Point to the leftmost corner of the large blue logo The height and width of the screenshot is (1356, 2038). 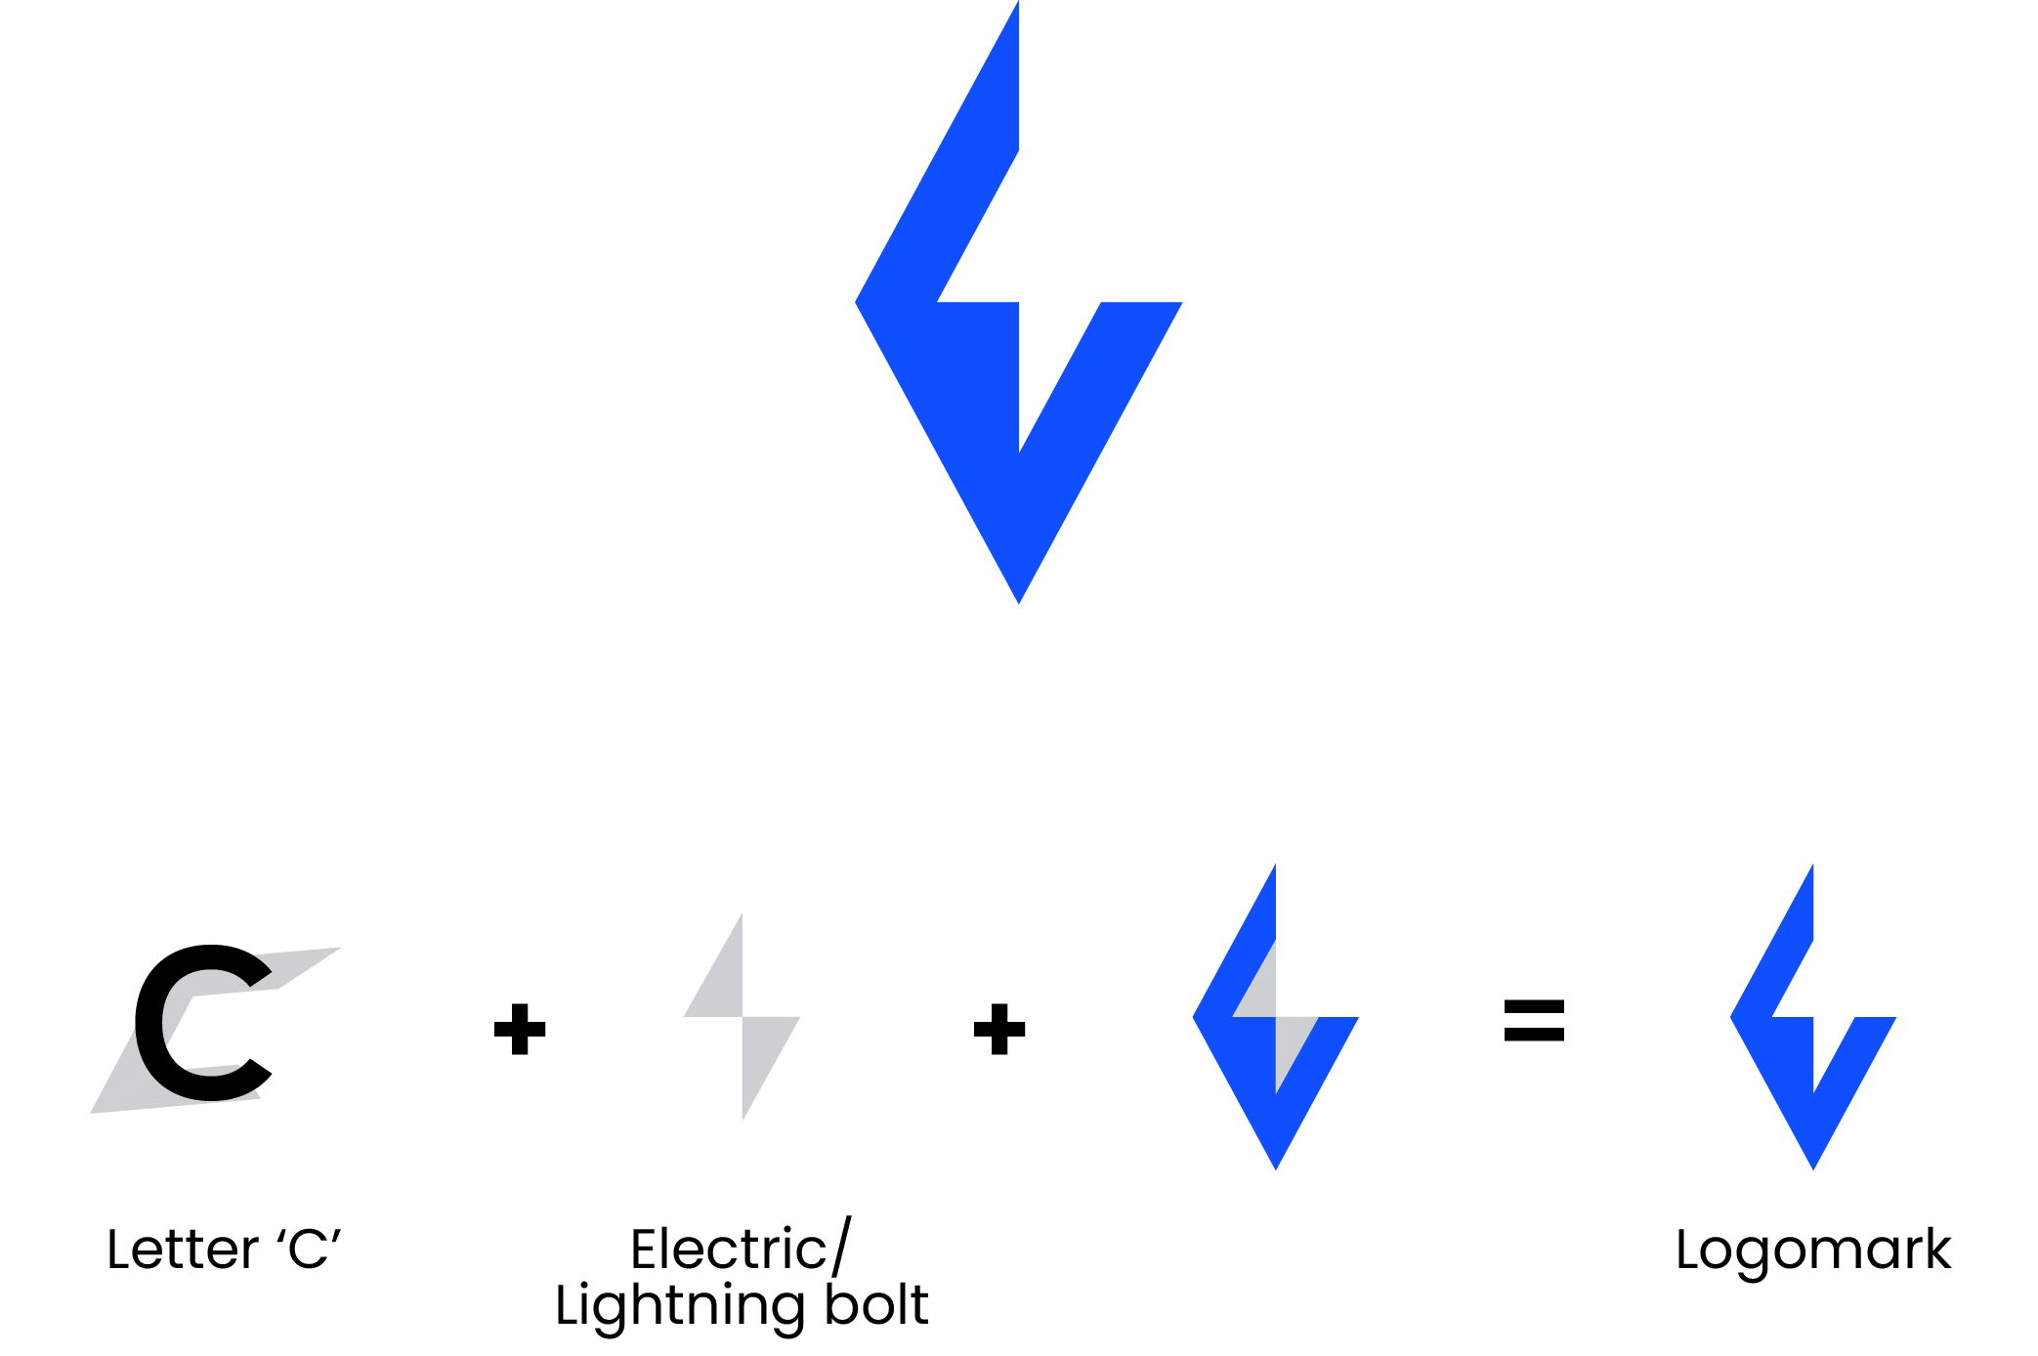tap(859, 303)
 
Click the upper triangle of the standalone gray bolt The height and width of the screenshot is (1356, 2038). tap(722, 982)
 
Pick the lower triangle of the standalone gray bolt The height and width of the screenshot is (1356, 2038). tap(762, 1050)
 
